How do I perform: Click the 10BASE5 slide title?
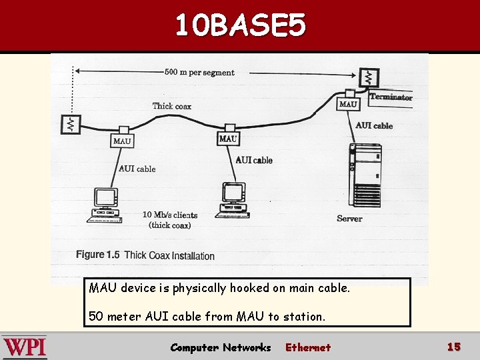coord(241,25)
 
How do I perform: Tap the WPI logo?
coord(25,347)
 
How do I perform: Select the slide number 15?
coord(454,347)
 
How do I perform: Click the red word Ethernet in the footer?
coord(308,347)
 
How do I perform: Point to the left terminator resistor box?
coord(71,124)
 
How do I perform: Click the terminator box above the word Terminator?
coord(369,77)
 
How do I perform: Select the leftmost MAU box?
coord(122,141)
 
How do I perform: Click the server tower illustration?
coord(365,175)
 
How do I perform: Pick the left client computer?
coord(105,205)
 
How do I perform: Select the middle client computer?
coord(233,200)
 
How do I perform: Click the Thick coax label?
coord(172,106)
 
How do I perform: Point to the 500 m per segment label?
coord(199,73)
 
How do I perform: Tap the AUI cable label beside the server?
coord(374,125)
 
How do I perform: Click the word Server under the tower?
coord(349,219)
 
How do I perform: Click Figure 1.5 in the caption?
coord(97,255)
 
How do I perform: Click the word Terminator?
coord(391,97)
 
